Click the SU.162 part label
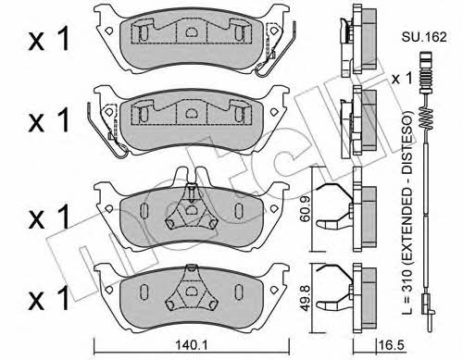coord(424,37)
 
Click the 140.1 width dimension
coord(192,345)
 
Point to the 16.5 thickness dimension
coord(391,345)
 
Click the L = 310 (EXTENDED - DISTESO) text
coord(407,213)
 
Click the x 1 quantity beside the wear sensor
coord(402,79)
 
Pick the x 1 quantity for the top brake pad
coord(49,40)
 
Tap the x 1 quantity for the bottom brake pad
coord(49,298)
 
